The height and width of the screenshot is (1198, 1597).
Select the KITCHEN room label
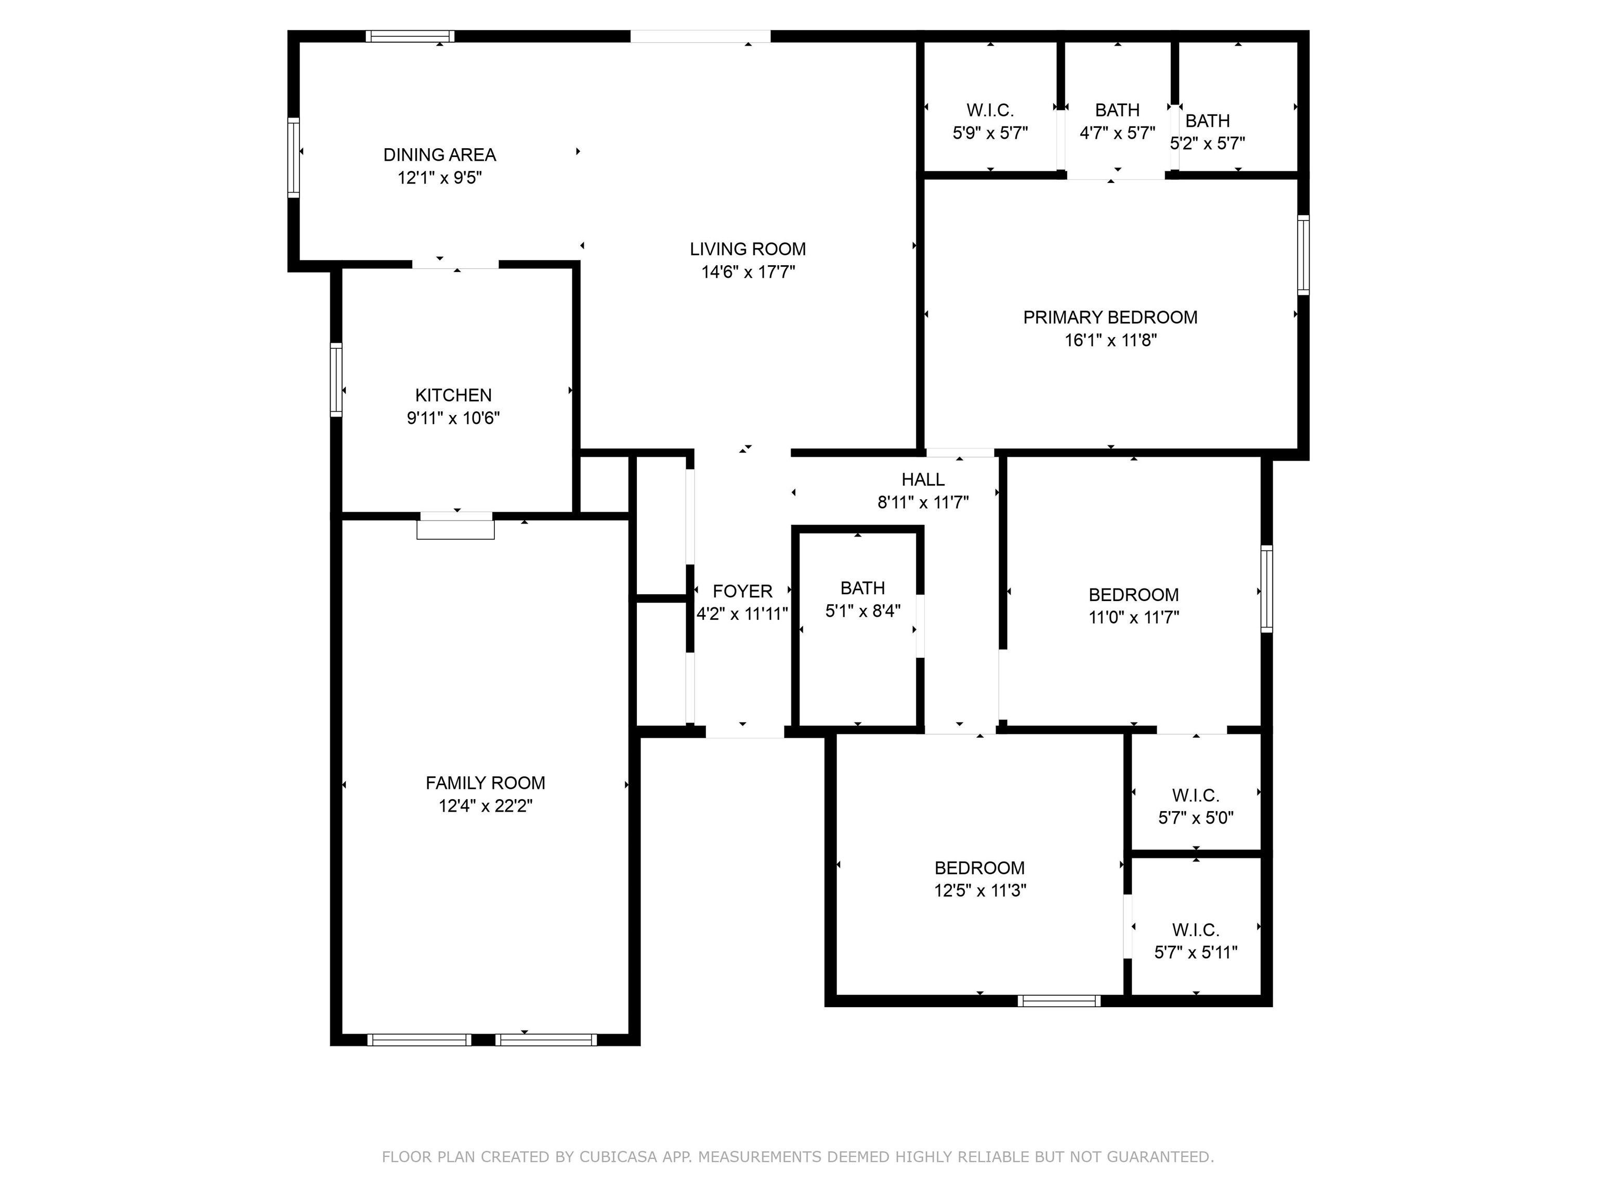[453, 395]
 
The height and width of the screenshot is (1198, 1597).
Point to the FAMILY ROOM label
[485, 783]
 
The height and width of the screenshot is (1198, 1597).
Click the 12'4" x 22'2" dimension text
[485, 806]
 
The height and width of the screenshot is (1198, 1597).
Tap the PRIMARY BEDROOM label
[1110, 317]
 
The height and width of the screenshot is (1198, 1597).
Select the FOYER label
[742, 591]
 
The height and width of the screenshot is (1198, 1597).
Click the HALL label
[923, 479]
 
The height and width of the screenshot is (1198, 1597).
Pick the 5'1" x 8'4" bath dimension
[863, 611]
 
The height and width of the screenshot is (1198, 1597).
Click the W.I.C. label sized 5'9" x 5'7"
[990, 110]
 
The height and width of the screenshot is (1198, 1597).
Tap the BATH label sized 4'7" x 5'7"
[1117, 110]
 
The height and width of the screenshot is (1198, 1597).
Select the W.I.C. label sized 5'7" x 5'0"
[1196, 795]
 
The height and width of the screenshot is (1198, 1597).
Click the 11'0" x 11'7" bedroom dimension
[1133, 617]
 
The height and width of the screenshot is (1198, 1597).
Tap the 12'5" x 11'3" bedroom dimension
[980, 890]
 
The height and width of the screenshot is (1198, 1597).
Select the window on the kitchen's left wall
[336, 380]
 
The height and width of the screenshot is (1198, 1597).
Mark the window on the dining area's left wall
[293, 158]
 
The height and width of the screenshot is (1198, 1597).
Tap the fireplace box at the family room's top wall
[455, 528]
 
